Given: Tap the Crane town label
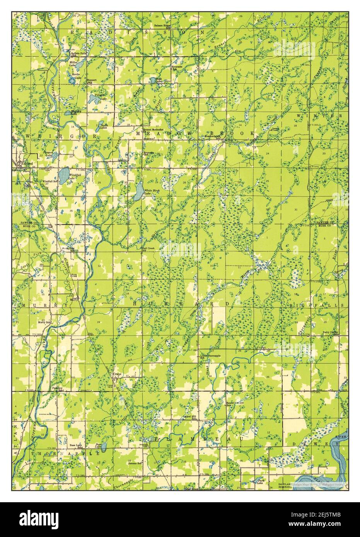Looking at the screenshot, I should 117,374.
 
